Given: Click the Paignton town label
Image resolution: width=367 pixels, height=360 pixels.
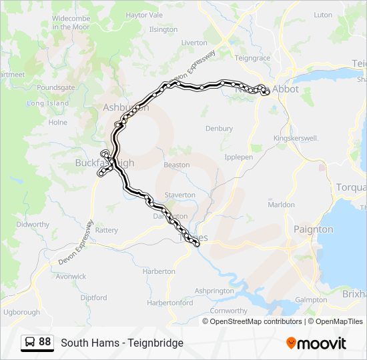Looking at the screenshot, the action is [x=313, y=229].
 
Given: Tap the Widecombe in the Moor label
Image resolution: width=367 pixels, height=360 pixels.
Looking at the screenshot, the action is [x=71, y=23].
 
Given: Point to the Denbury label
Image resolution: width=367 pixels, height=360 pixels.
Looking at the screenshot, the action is [x=219, y=129].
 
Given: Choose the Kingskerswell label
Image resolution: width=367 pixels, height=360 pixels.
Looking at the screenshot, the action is [x=295, y=138].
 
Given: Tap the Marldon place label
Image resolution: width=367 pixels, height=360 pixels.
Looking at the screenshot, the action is [x=281, y=205].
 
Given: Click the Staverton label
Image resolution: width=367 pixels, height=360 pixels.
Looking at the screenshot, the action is [x=180, y=195].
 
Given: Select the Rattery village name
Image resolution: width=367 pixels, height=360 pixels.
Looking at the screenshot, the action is [x=106, y=230].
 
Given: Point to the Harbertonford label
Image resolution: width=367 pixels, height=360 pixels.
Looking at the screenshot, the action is [x=170, y=303].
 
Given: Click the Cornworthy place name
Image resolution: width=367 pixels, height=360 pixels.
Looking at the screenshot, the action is [x=228, y=311].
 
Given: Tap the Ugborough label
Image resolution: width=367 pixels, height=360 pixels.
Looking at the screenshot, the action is [x=22, y=311].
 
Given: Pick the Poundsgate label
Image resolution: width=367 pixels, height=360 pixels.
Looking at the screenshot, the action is [x=56, y=87].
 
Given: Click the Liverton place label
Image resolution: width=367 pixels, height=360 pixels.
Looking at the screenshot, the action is [x=194, y=43].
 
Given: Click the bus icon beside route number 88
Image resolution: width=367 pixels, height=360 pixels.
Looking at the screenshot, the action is [x=29, y=342].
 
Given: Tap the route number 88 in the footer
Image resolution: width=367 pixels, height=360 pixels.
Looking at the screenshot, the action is [x=45, y=342].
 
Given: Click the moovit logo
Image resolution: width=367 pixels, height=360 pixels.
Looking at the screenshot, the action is [x=316, y=343].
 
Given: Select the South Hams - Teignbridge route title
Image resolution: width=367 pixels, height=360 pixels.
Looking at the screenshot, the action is [x=122, y=343].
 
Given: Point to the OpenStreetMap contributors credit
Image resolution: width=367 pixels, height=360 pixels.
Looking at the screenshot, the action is [x=256, y=321].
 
